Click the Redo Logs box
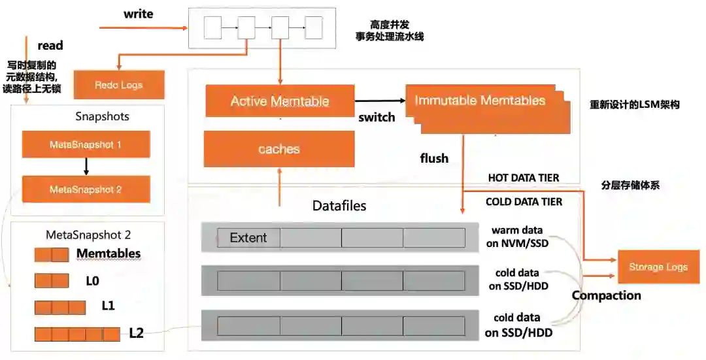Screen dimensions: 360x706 coord(118,85)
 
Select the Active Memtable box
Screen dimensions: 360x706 coord(280,101)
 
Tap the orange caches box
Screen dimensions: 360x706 coord(279,149)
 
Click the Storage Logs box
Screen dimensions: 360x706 coord(658,267)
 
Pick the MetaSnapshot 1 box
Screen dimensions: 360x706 coord(86,144)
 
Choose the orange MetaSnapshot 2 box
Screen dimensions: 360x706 coord(86,189)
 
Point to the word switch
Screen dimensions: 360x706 coord(377,118)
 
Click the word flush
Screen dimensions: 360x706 coord(434,158)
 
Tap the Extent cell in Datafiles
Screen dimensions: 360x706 coord(248,238)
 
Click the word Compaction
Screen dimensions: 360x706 coord(606,295)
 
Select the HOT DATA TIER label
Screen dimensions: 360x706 coord(524,178)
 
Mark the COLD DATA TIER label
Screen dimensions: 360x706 coord(524,202)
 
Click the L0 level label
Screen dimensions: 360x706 coord(92,280)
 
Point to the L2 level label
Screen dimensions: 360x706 coord(136,333)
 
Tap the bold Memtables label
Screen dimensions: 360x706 coord(109,254)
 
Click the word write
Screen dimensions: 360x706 coord(138,14)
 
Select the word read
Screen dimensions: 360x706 coord(50,45)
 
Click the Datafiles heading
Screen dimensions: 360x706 coord(339,206)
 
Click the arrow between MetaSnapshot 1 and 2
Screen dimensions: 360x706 coord(86,167)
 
